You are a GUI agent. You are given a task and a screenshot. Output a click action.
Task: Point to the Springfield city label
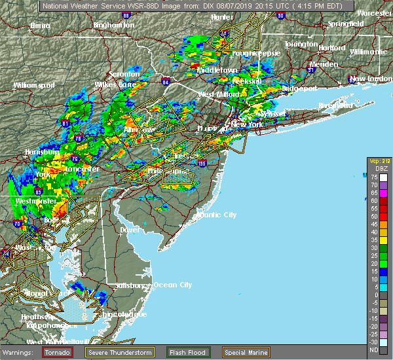(x=346, y=24)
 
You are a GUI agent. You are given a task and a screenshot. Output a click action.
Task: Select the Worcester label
(x=374, y=13)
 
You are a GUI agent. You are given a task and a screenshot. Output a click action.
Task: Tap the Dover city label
(x=130, y=230)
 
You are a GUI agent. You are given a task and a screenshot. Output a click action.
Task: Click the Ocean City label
(x=172, y=285)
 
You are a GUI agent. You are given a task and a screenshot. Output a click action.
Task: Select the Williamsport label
(x=33, y=85)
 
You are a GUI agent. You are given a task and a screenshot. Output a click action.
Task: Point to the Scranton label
(x=124, y=74)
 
